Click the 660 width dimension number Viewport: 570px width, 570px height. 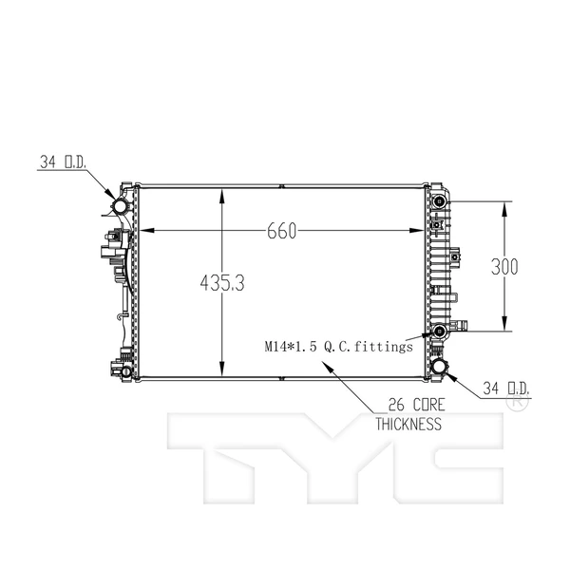(x=283, y=232)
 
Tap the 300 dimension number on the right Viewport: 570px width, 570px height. (x=503, y=267)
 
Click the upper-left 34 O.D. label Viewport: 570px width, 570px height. (x=63, y=162)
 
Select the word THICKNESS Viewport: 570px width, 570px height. (x=408, y=425)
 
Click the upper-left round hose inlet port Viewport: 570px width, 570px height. (x=122, y=206)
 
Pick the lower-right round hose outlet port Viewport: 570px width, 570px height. (x=440, y=366)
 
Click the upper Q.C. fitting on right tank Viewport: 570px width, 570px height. (x=441, y=201)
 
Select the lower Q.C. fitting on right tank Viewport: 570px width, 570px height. (x=441, y=331)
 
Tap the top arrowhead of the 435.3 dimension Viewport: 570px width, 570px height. (x=222, y=194)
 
